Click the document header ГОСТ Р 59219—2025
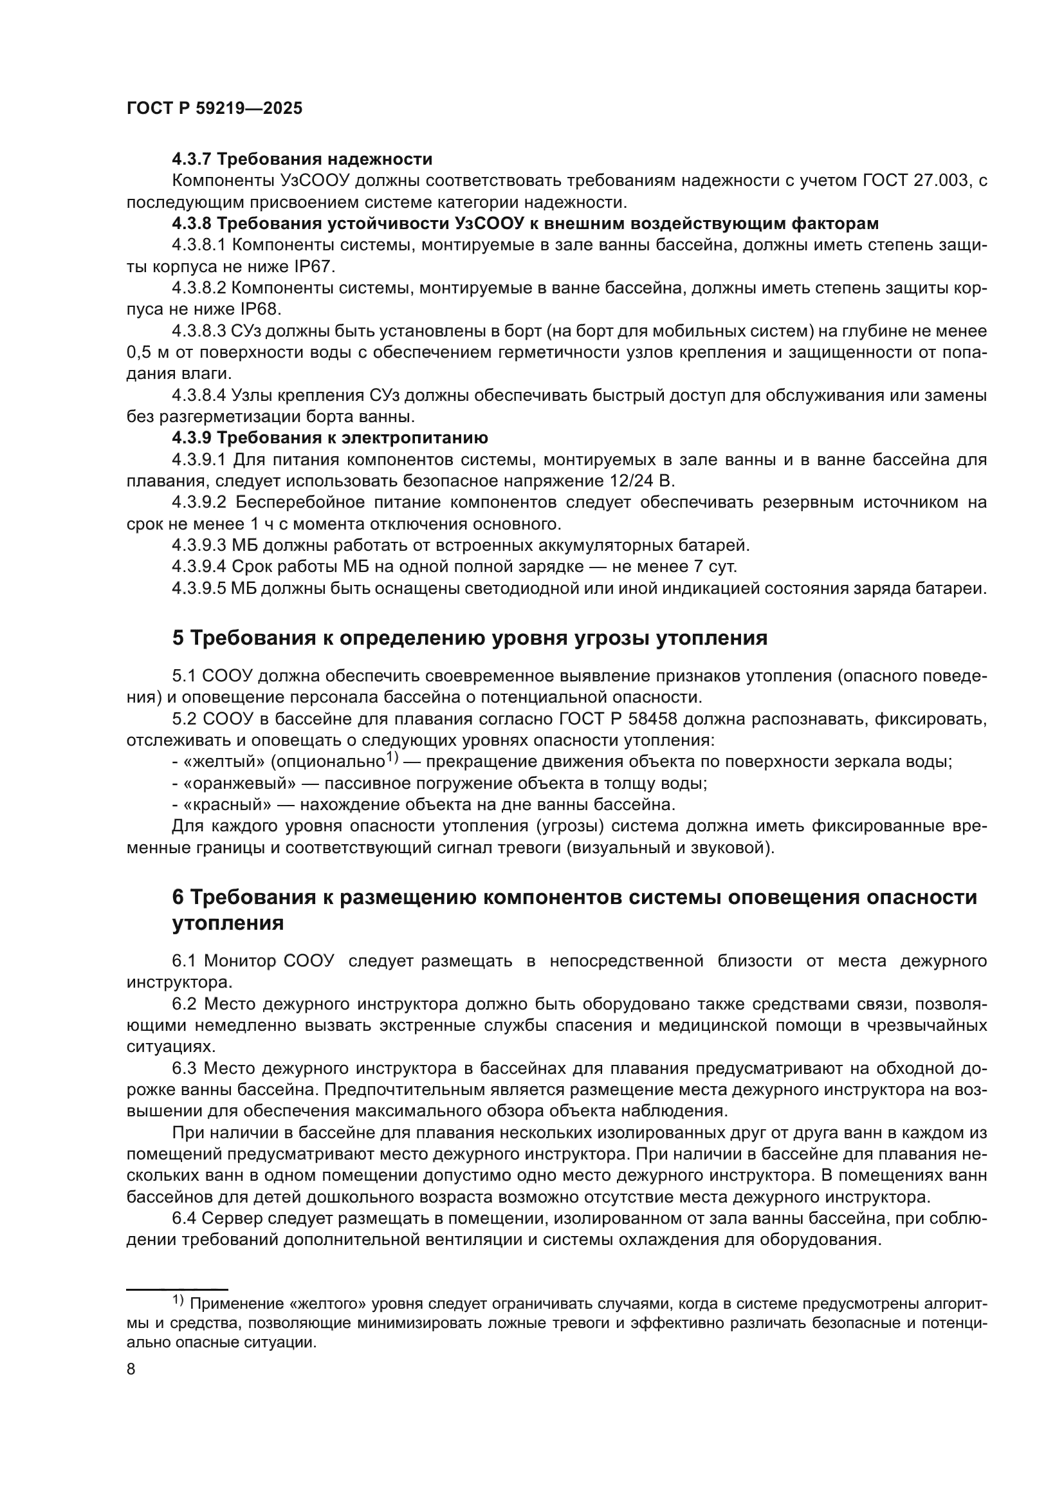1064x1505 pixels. click(x=214, y=109)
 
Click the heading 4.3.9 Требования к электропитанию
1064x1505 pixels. click(x=330, y=438)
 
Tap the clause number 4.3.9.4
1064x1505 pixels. click(x=199, y=567)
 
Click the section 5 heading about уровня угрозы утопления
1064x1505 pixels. click(x=470, y=638)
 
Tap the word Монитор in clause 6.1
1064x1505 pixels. click(x=240, y=961)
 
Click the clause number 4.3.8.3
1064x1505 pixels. click(x=199, y=331)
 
